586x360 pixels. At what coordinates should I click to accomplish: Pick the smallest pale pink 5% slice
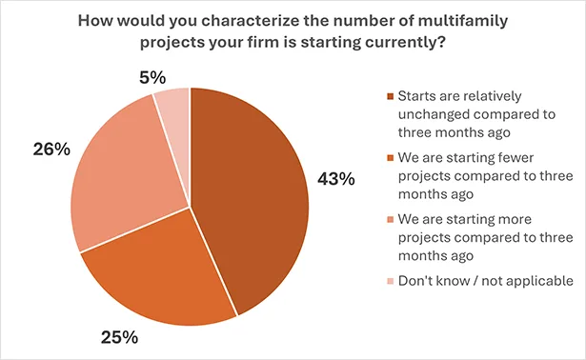point(174,109)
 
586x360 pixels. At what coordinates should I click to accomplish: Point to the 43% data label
point(335,178)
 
